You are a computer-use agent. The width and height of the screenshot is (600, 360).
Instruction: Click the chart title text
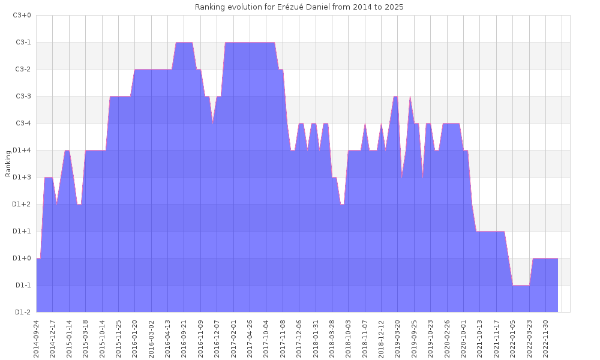point(299,7)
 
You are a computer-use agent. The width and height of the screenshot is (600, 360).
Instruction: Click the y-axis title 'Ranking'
point(8,164)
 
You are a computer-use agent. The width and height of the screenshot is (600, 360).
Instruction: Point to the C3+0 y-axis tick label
point(22,15)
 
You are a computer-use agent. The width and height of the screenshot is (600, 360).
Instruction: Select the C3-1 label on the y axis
point(22,42)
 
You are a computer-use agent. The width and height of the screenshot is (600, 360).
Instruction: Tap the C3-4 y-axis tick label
point(22,123)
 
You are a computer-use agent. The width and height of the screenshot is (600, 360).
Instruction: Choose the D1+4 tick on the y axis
point(22,150)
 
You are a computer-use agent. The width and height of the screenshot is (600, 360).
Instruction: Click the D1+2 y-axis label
point(22,204)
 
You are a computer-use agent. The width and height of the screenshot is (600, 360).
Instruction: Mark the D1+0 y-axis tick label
point(22,258)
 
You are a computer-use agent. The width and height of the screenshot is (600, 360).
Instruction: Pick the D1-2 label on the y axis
point(22,312)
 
